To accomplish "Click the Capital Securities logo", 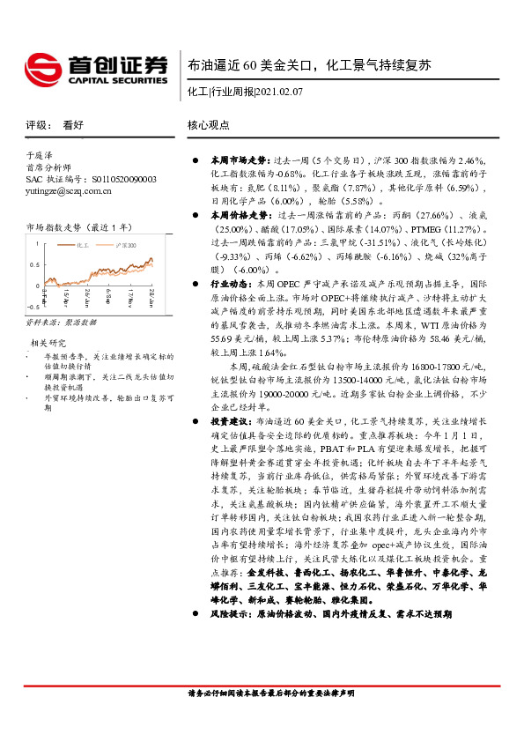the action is click(94, 66).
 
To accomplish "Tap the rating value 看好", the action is click(73, 126).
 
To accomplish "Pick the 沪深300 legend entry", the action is click(125, 243).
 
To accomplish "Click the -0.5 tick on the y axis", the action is click(31, 306).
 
